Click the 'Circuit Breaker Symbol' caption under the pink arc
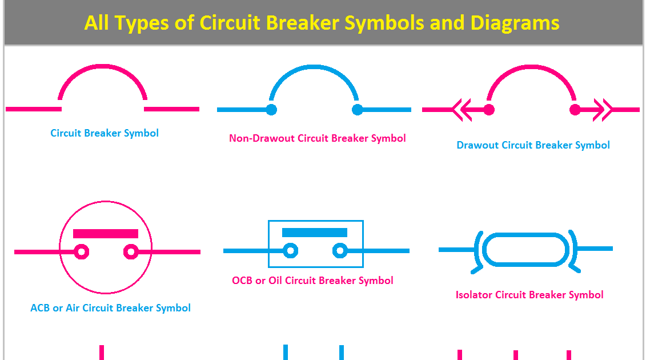point(105,133)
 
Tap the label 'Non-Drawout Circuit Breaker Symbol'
point(318,138)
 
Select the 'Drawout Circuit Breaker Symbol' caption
point(533,145)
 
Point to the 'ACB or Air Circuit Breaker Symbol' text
point(110,308)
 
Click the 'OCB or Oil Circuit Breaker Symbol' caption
point(312,281)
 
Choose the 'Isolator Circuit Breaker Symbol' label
point(529,295)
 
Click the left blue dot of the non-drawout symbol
point(271,109)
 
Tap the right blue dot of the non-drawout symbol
point(358,109)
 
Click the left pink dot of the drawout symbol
point(489,109)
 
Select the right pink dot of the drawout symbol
point(575,109)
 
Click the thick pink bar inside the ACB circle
point(106,234)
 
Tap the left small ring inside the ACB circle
point(82,251)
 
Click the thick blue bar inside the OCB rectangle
point(315,232)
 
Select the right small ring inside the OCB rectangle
point(340,250)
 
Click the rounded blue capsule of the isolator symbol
point(525,249)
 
